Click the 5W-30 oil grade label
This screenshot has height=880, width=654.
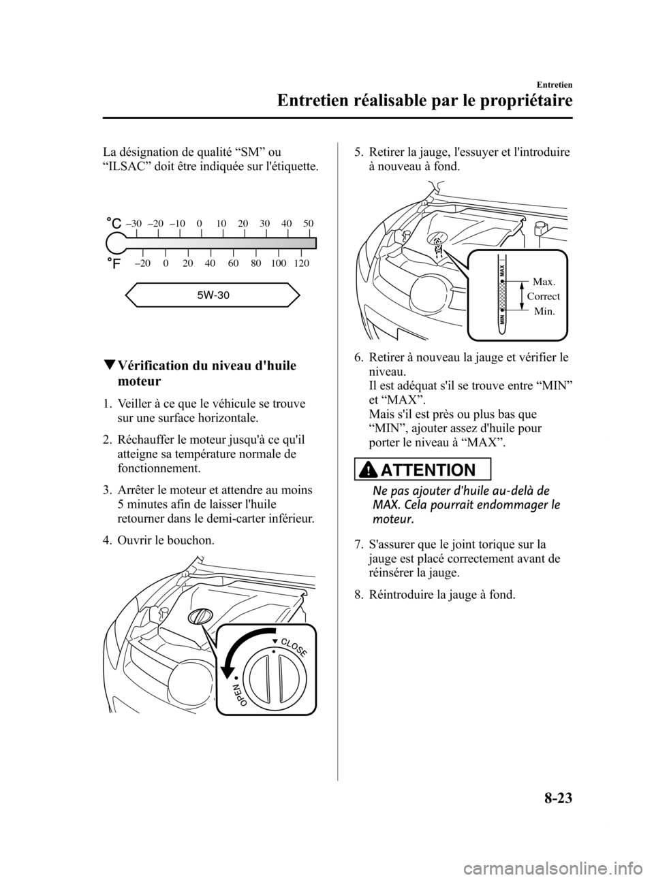click(x=213, y=295)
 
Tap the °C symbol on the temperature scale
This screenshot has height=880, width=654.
click(x=114, y=223)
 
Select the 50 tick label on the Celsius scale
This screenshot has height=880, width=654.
click(x=309, y=223)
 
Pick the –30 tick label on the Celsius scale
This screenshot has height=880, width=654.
click(x=134, y=223)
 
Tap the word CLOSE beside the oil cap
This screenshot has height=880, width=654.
click(x=294, y=641)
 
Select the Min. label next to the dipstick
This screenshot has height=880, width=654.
click(x=544, y=311)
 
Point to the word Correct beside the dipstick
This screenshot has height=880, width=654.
click(x=544, y=297)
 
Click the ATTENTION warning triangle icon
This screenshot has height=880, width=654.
click(x=377, y=470)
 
